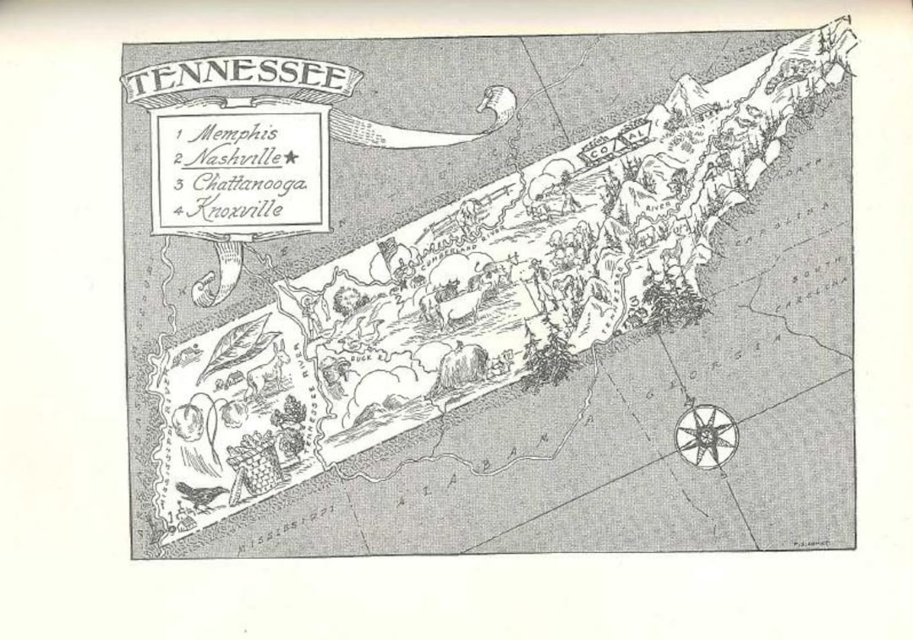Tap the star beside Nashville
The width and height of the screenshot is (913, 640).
(x=292, y=157)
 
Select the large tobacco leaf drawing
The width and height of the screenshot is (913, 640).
(x=232, y=347)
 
